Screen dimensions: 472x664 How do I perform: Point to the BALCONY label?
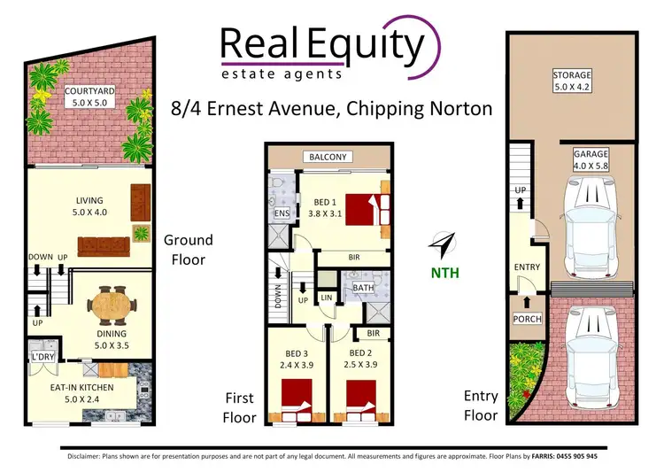329,158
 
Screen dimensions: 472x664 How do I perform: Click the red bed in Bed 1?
367,211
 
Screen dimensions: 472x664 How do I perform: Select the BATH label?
363,288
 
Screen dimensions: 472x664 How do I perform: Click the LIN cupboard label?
326,298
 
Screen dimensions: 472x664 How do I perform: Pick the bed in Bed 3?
296,395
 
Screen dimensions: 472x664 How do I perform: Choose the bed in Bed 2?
361,395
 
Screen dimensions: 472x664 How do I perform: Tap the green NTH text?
445,272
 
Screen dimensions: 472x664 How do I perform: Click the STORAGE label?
572,75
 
